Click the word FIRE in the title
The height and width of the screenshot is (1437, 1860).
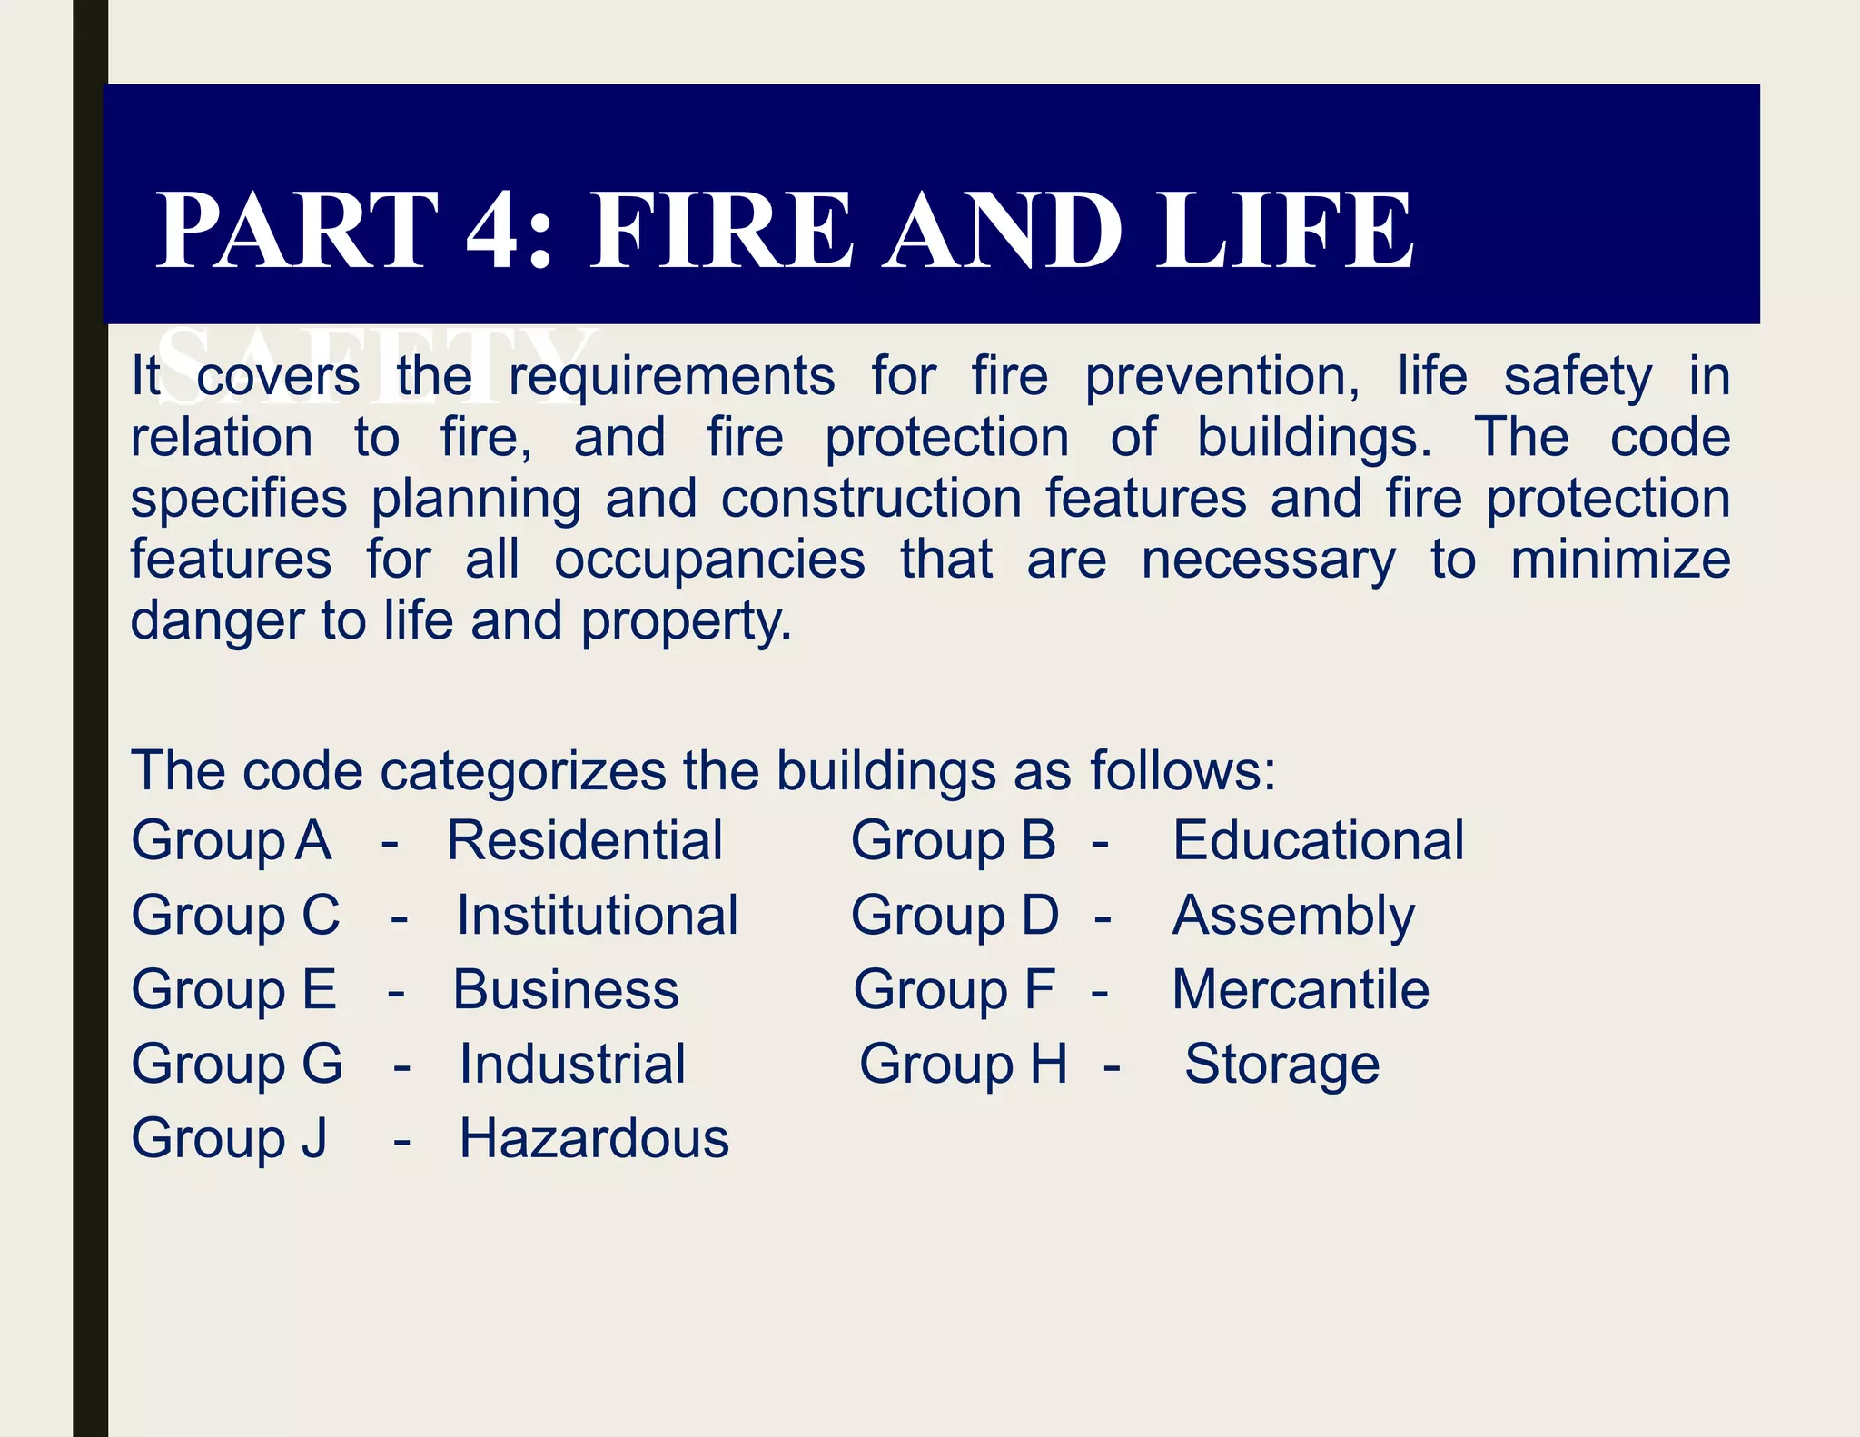pyautogui.click(x=722, y=232)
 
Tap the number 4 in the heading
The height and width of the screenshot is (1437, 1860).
pyautogui.click(x=496, y=232)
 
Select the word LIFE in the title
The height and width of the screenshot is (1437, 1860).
pyautogui.click(x=1284, y=232)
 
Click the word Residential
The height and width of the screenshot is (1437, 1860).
pyautogui.click(x=585, y=840)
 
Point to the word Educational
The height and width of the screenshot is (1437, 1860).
pyautogui.click(x=1318, y=840)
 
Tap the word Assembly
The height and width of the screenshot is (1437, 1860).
pyautogui.click(x=1293, y=917)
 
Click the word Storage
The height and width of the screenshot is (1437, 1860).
pyautogui.click(x=1281, y=1065)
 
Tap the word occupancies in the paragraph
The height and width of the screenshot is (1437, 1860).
pyautogui.click(x=709, y=560)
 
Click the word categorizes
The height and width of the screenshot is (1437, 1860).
pyautogui.click(x=523, y=772)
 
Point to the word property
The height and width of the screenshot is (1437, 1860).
pyautogui.click(x=686, y=623)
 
